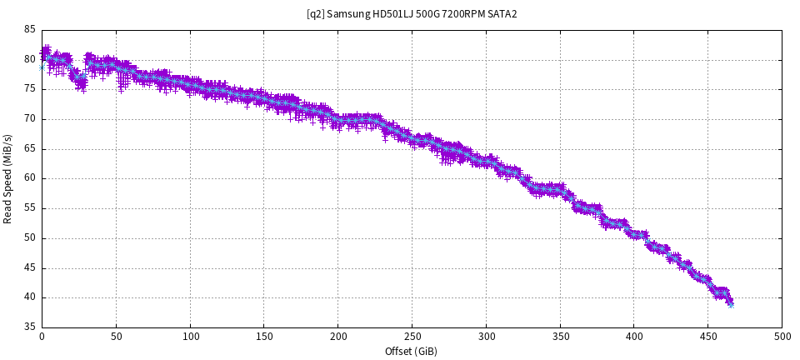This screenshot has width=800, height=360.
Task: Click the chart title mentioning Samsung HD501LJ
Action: tap(412, 14)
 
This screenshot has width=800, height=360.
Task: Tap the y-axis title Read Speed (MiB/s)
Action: tap(8, 178)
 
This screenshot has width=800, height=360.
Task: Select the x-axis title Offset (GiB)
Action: tap(412, 351)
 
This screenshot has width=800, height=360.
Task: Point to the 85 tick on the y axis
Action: tap(30, 29)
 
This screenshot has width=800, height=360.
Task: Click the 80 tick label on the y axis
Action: tap(30, 59)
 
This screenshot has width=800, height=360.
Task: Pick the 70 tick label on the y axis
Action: tap(30, 118)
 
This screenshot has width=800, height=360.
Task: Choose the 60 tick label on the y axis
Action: tap(30, 178)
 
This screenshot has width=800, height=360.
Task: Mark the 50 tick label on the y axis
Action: tap(30, 237)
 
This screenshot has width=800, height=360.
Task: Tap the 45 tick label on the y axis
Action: tap(30, 267)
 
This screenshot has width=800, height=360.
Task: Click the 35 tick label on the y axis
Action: tap(30, 327)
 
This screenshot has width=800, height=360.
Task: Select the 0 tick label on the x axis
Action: tap(42, 336)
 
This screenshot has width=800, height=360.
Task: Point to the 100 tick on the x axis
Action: tap(190, 336)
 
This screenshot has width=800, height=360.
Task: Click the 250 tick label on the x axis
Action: tap(412, 336)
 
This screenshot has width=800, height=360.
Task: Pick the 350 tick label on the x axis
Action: tap(560, 336)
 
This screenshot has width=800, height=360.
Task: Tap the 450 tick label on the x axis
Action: tap(708, 336)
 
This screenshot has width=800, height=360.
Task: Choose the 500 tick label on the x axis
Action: tap(782, 336)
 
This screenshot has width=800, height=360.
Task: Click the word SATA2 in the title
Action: tap(502, 14)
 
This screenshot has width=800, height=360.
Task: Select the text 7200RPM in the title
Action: tap(461, 14)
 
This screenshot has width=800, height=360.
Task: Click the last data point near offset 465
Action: tap(730, 303)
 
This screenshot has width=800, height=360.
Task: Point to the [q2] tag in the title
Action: tap(315, 14)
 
